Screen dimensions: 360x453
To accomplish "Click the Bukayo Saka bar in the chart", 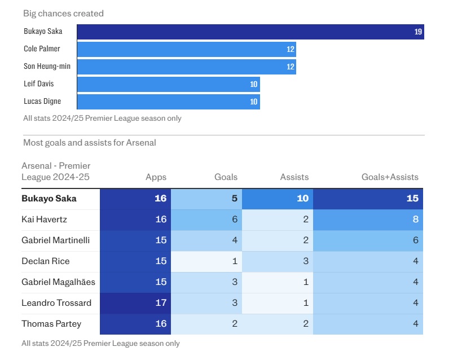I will coord(250,32).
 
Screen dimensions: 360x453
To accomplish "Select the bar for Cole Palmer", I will coord(186,49).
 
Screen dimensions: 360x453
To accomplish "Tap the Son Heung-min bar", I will coord(186,67).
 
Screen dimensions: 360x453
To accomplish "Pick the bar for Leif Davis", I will coord(168,84).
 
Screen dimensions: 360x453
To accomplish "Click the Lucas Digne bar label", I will coord(42,102).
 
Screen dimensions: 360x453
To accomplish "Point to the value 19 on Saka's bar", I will coord(417,32).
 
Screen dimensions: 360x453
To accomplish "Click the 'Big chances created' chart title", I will coord(63,14).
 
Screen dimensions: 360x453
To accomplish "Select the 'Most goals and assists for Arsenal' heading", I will coord(89,143).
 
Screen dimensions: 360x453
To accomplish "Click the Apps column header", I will coord(156,177).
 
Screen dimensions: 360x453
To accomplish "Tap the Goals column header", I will coord(226,177).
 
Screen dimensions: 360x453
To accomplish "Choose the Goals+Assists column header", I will coord(390,177).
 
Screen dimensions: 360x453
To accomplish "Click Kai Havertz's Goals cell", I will coord(206,219).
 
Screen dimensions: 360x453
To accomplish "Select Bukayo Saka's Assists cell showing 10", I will coord(277,199).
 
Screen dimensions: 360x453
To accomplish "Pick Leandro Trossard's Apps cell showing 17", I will coord(135,303).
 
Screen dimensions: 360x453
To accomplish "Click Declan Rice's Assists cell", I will coord(277,261).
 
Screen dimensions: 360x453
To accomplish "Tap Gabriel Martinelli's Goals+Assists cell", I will coord(368,240).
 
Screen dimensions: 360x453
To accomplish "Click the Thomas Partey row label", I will coord(51,324).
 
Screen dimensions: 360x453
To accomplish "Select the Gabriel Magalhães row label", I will coord(58,282).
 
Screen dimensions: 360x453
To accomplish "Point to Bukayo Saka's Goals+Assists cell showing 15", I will coord(368,199).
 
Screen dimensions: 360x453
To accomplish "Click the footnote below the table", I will coord(100,343).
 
